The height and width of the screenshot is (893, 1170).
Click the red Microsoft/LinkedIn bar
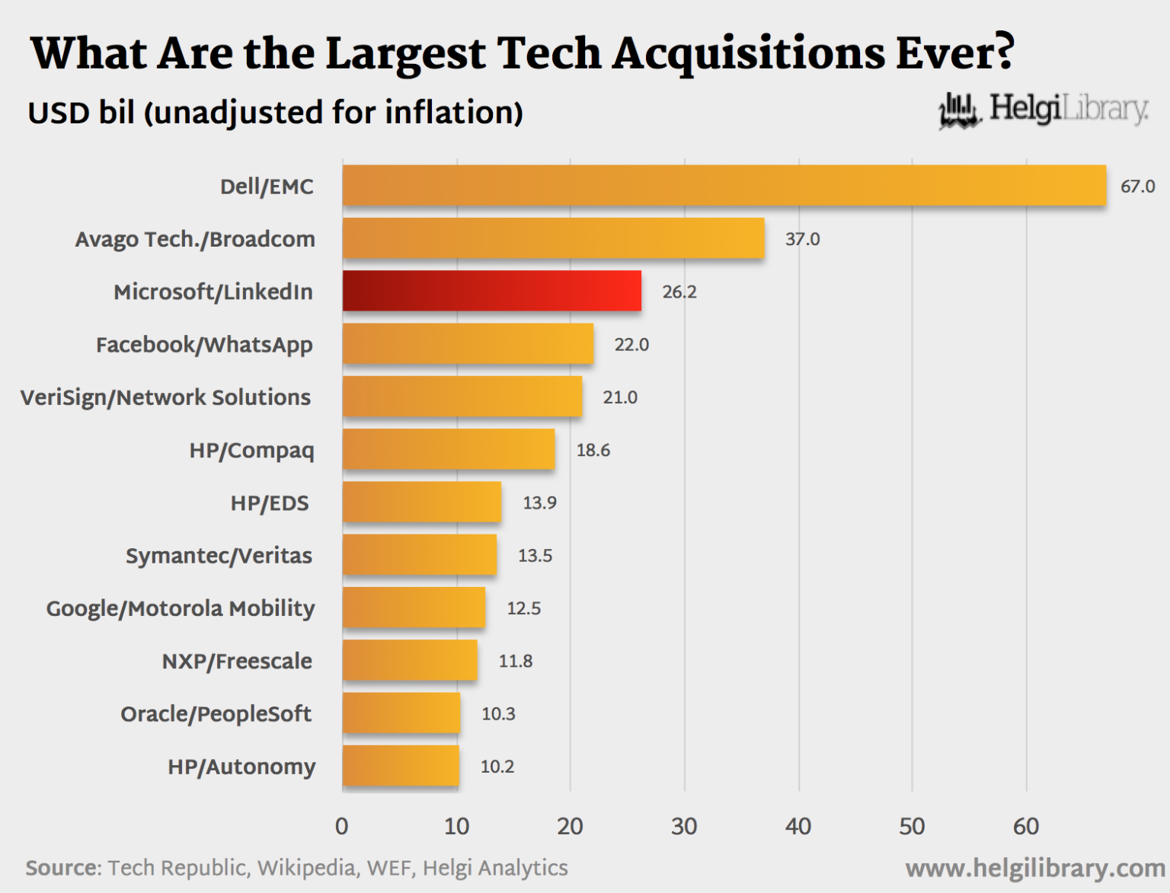click(491, 291)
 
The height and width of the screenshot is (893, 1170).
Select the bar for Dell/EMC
click(724, 186)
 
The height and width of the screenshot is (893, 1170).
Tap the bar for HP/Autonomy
click(401, 766)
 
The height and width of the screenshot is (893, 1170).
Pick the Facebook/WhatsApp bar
click(468, 344)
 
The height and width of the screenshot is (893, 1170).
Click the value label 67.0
click(1137, 187)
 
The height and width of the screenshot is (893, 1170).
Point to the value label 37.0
click(802, 239)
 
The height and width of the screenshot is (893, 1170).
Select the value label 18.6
click(593, 450)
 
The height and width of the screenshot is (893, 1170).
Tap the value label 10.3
click(498, 714)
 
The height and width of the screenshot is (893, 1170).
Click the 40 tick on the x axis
click(798, 827)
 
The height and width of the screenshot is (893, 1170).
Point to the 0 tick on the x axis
click(342, 827)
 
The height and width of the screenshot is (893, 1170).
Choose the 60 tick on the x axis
click(1025, 827)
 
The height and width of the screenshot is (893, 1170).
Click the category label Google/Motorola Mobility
click(181, 608)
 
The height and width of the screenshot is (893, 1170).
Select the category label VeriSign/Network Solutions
click(165, 397)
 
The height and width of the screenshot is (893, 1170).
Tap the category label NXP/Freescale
click(237, 661)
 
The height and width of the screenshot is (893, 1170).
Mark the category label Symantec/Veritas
click(219, 556)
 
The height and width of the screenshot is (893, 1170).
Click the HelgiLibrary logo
click(1044, 110)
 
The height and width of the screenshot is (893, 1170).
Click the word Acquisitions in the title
click(750, 53)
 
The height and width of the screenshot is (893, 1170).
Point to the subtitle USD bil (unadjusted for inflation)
click(275, 113)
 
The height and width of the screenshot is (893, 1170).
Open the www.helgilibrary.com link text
click(1034, 868)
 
